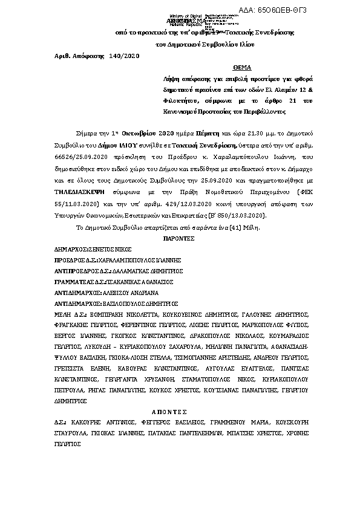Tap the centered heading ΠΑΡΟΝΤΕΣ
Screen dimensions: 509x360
pos(180,239)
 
